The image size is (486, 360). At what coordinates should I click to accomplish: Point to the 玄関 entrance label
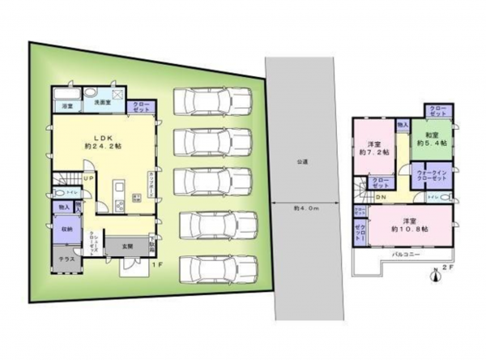click(x=127, y=244)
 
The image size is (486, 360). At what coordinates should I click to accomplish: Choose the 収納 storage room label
click(x=66, y=231)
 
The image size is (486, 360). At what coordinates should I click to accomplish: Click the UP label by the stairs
click(x=87, y=178)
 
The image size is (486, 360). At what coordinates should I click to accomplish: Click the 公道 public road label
click(x=301, y=161)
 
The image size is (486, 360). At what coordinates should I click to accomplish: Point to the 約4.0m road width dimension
click(x=305, y=208)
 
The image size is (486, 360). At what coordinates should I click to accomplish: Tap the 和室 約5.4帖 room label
click(x=428, y=139)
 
